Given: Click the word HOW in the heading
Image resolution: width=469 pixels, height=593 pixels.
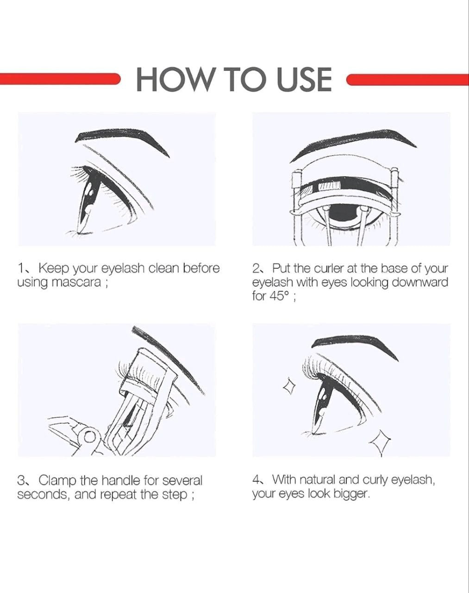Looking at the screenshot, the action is (x=175, y=80).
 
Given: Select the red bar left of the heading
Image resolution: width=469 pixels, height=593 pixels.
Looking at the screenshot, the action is (x=60, y=79).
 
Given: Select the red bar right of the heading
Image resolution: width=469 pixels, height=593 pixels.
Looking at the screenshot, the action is (x=407, y=80).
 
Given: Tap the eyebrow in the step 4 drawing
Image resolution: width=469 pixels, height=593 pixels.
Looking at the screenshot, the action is (x=355, y=346).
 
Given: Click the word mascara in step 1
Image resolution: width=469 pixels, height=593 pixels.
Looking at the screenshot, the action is (x=76, y=283).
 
